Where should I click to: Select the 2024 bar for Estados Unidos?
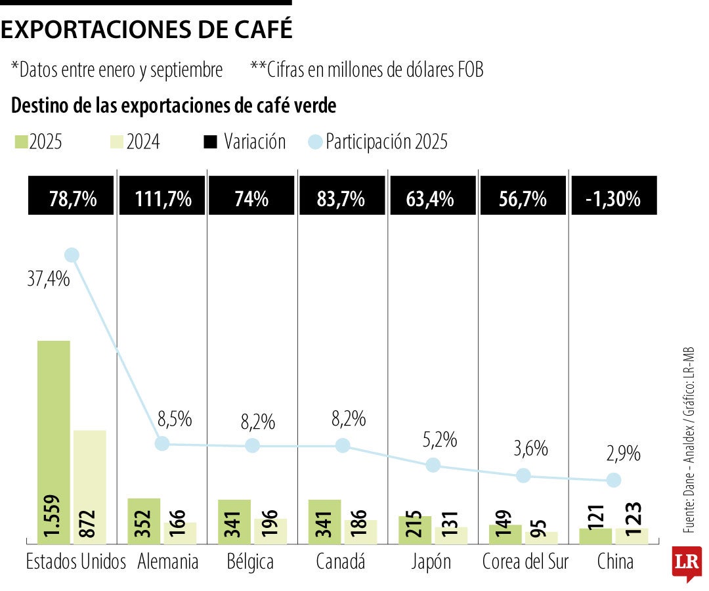tap(90, 486)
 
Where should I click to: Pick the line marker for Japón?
tap(433, 465)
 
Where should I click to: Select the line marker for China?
tap(613, 480)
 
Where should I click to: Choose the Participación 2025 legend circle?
tap(315, 142)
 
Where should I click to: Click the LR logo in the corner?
tap(687, 563)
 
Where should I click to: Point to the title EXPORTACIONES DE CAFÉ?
tap(147, 30)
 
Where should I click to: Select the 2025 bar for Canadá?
tap(324, 521)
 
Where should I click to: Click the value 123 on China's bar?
tap(632, 521)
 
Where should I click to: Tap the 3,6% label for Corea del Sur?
tap(531, 449)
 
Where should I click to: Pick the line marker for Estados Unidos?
tap(72, 255)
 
